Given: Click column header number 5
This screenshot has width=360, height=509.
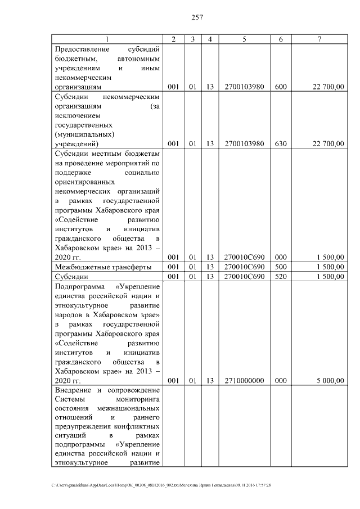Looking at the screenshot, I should click(x=244, y=39).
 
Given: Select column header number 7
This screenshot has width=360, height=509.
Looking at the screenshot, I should click(x=319, y=39).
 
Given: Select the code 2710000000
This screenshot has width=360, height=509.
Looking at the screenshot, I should click(x=244, y=380).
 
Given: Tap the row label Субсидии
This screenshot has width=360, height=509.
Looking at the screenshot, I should click(x=71, y=277).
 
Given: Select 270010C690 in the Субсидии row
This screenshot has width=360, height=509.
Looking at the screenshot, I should click(x=244, y=277).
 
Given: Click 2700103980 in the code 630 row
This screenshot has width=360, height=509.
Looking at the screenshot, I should click(x=244, y=143).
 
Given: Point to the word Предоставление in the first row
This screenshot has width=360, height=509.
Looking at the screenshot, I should click(x=83, y=49).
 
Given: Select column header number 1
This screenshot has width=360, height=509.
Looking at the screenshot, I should click(x=107, y=39).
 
